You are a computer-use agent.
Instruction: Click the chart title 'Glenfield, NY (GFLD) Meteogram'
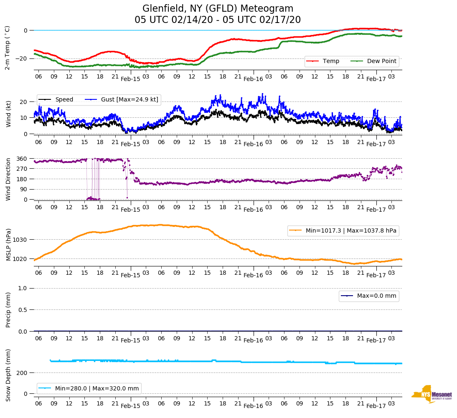coord(218,8)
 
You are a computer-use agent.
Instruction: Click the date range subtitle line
coord(218,20)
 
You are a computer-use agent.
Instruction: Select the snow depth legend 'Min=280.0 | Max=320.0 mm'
coord(96,388)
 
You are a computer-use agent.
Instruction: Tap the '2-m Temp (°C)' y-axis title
coord(7,47)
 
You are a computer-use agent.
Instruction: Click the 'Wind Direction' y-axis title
coord(8,179)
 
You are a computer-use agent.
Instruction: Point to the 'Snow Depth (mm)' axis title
coord(8,375)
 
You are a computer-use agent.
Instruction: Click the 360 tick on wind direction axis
coord(22,159)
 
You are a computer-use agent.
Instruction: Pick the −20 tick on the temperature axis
coord(21,58)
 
